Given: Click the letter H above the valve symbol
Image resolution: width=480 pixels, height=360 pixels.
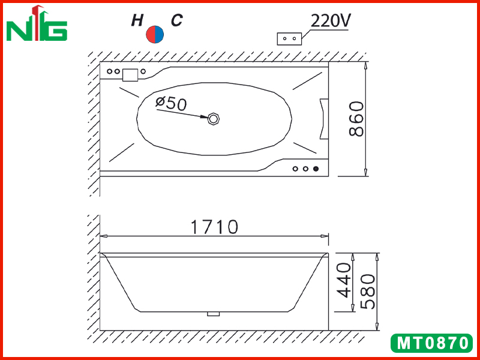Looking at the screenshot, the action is point(137,20).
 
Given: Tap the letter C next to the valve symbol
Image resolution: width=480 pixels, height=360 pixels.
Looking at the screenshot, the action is point(176,20).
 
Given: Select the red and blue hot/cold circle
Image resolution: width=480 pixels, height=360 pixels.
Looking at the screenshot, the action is point(155,34).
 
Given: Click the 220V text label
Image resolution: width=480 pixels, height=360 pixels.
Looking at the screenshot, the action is point(331,21).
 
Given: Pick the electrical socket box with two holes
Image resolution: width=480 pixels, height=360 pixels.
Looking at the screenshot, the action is point(289,39).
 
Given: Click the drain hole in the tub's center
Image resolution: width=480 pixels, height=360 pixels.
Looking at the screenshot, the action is point(214,119).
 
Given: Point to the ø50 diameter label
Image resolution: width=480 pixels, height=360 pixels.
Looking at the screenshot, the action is point(171,103).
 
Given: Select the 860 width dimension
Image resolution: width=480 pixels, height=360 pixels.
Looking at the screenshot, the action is point(356,119).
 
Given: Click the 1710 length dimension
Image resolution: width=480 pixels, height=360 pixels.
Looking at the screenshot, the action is point(214,227).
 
